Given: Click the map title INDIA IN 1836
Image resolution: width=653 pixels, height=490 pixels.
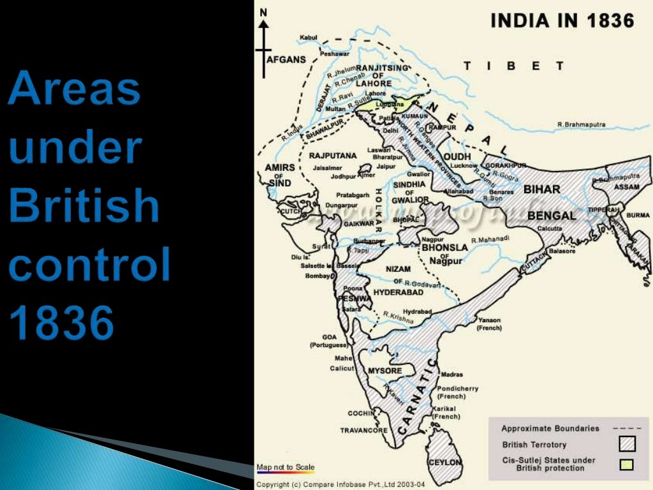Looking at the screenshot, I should (562, 21).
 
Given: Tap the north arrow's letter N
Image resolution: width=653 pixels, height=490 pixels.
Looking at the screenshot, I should (263, 12).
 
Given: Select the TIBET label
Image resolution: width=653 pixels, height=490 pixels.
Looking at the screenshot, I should (513, 66).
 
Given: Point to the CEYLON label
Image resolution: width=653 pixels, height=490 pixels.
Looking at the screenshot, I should (445, 462).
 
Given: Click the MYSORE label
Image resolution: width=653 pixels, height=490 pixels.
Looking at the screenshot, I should (385, 371).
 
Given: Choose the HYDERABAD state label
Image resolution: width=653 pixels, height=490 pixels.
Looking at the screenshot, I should (399, 292).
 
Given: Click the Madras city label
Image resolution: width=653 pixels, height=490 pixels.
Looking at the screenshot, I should (451, 375).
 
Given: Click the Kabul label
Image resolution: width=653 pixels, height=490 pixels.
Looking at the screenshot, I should (308, 38).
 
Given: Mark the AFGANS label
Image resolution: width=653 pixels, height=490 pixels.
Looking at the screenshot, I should (286, 59).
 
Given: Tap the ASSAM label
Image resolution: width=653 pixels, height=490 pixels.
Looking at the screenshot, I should (627, 187).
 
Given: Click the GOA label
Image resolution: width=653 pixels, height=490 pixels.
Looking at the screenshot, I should (329, 336).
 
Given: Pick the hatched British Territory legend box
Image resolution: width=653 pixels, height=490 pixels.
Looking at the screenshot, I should (627, 444).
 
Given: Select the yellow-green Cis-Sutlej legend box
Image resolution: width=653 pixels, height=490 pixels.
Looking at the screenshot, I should (627, 464).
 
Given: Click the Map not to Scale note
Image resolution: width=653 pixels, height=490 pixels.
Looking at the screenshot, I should (285, 468).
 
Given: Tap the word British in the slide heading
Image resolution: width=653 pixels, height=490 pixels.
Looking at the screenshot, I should (84, 205).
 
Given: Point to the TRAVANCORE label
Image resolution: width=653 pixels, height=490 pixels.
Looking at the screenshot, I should (363, 430).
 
